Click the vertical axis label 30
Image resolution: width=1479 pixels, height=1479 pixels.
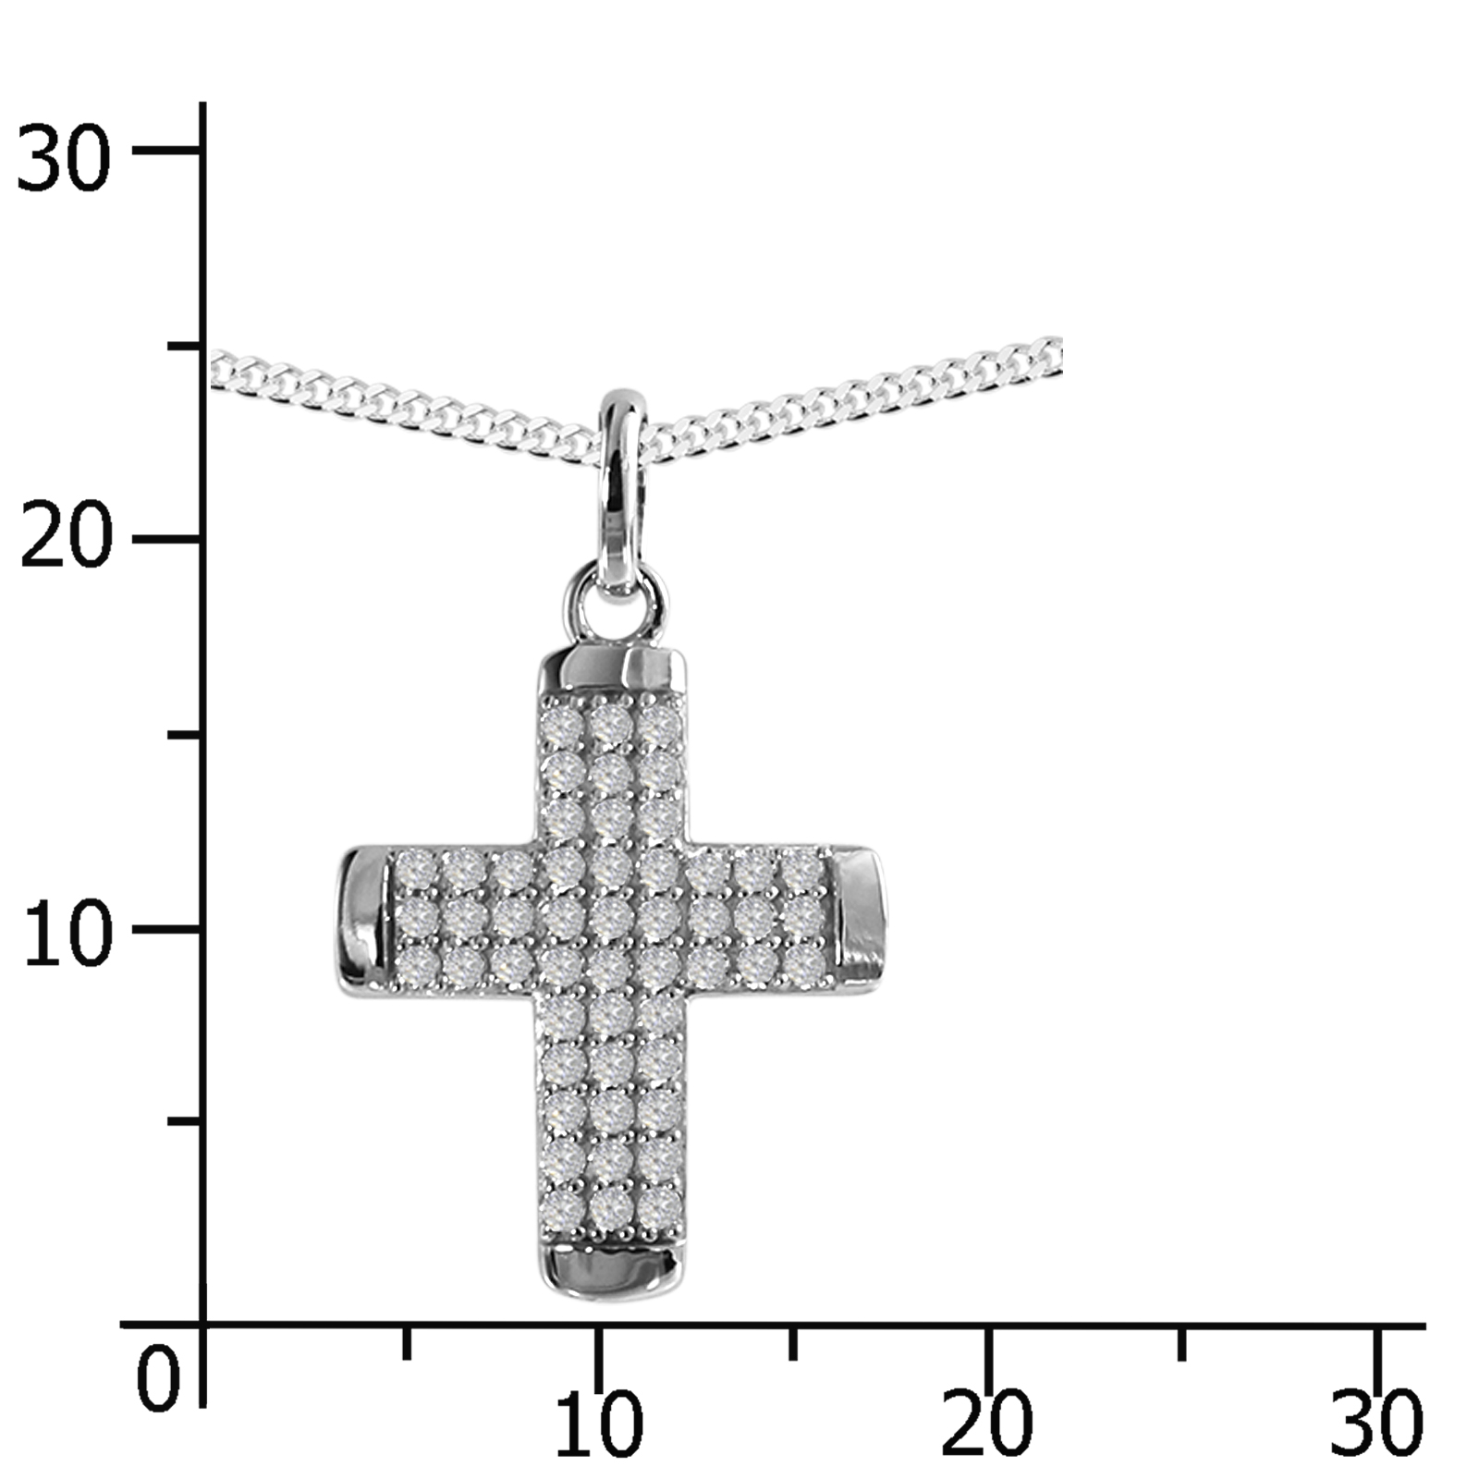click(63, 158)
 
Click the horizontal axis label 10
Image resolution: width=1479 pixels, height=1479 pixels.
click(599, 1424)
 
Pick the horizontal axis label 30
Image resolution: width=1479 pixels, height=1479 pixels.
click(1375, 1424)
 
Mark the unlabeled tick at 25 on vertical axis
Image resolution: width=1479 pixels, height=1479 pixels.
click(185, 346)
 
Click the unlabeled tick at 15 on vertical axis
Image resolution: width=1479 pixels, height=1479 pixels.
click(185, 735)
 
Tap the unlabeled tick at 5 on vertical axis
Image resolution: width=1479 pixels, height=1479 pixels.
click(185, 1121)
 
